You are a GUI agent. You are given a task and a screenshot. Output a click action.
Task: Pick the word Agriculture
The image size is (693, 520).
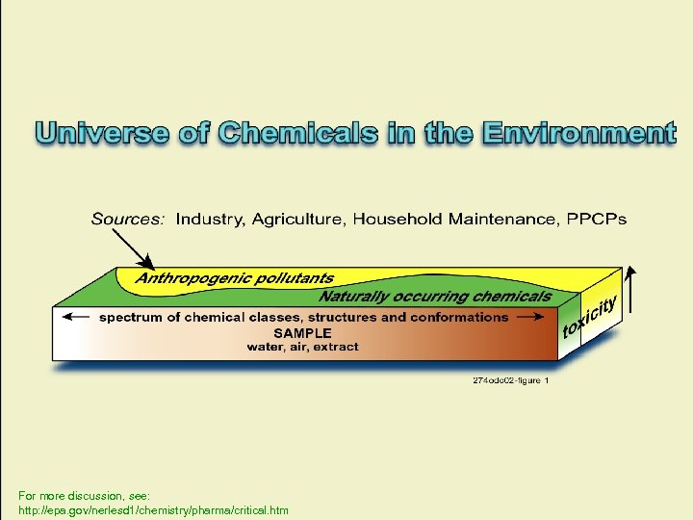(297, 220)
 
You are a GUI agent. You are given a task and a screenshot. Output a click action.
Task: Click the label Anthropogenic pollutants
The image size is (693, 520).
(234, 278)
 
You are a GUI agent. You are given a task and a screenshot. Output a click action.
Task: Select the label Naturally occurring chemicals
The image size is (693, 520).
(435, 296)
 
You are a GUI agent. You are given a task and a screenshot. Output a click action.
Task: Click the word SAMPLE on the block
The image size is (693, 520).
(303, 332)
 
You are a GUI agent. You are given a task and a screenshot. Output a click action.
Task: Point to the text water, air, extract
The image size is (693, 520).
(302, 347)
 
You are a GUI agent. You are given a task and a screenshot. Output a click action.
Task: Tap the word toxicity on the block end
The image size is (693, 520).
(588, 319)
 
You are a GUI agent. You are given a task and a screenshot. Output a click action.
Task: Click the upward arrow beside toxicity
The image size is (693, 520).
(631, 289)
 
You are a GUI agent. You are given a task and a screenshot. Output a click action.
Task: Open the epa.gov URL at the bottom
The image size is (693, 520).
(153, 509)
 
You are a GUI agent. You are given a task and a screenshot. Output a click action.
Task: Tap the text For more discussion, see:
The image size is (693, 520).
(84, 494)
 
